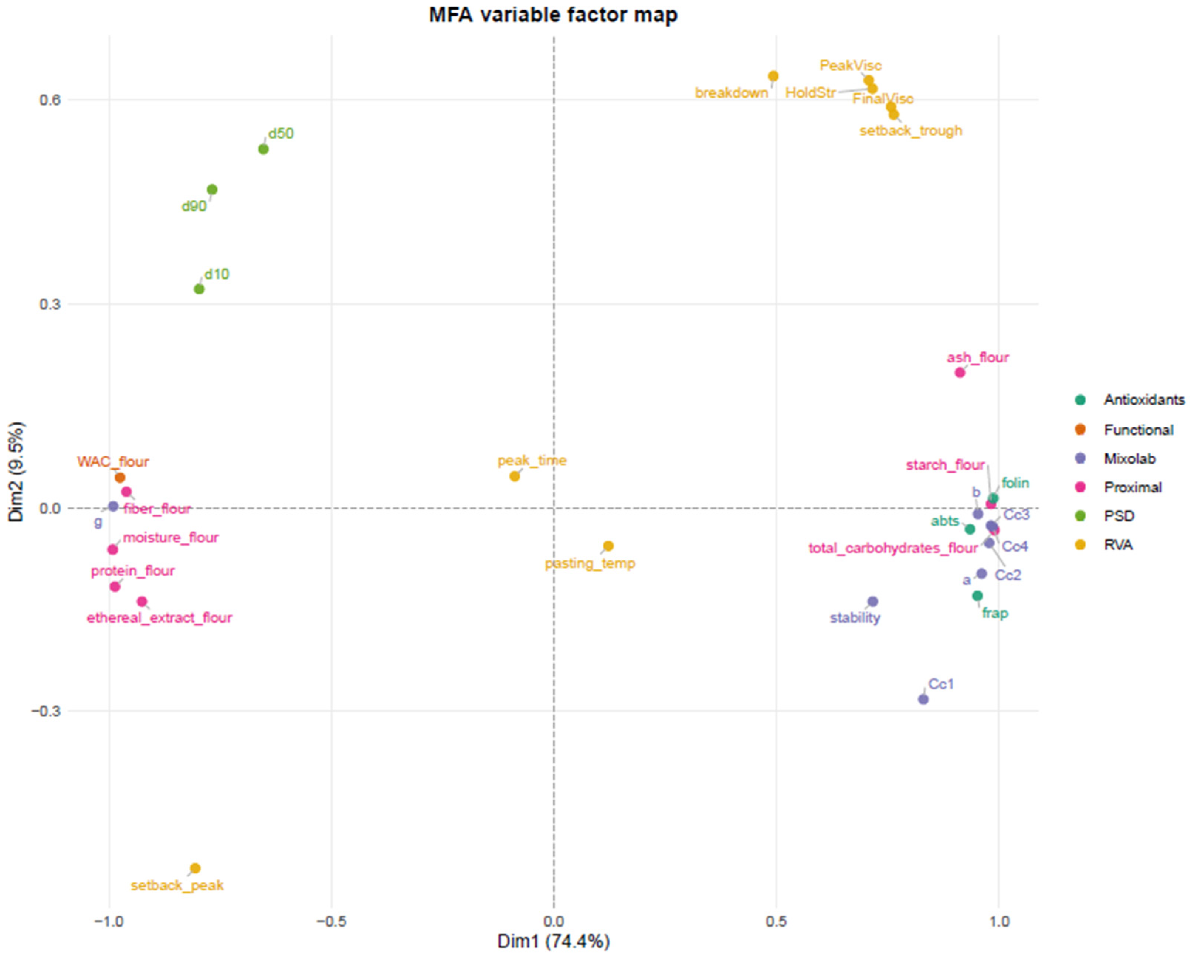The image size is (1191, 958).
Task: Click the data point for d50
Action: (x=264, y=149)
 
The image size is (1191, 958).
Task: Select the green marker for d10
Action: (x=199, y=289)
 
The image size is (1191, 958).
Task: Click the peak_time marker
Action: (x=514, y=476)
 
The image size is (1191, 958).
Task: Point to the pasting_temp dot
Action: (x=608, y=546)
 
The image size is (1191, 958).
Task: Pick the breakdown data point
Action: (x=773, y=76)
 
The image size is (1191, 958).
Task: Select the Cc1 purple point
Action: (x=923, y=699)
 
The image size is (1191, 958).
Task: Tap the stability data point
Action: (x=873, y=601)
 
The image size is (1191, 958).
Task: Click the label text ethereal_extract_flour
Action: (x=160, y=617)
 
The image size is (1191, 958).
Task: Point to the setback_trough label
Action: (x=911, y=131)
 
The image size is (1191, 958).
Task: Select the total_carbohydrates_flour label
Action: (x=893, y=548)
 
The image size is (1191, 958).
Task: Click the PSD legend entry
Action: (x=1107, y=516)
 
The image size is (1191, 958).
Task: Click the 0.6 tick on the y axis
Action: (x=50, y=100)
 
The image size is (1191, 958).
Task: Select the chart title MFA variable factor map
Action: (x=553, y=14)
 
